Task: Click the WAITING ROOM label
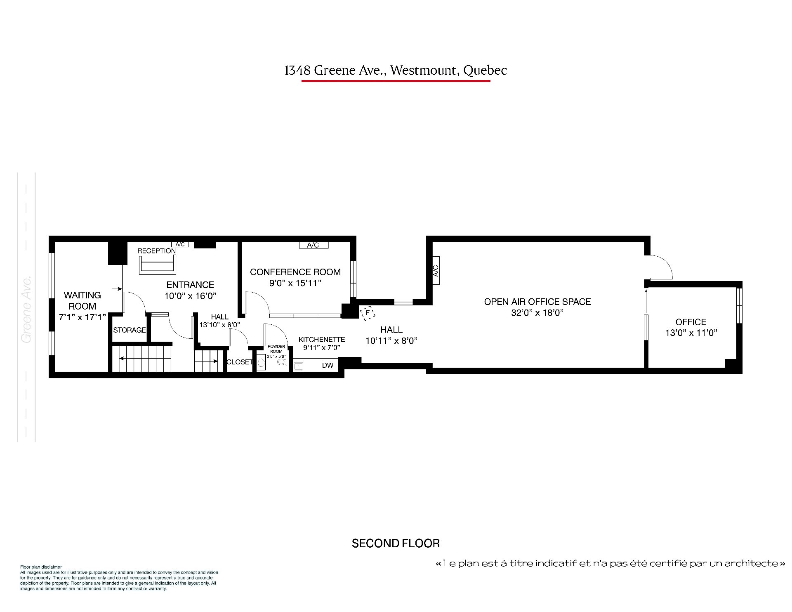tap(82, 300)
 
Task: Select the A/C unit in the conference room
tap(313, 245)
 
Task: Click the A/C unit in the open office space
tap(436, 270)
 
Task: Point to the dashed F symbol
tap(368, 313)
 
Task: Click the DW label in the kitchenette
tap(328, 365)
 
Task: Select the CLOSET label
tap(240, 362)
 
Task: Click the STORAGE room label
tap(130, 330)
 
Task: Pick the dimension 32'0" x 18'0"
tap(537, 313)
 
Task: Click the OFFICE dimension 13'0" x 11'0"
tap(691, 333)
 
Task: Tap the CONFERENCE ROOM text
tap(295, 272)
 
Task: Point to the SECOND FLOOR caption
tap(396, 543)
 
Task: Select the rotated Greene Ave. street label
tap(26, 310)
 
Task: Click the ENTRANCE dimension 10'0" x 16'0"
tap(190, 296)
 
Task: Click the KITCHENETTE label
tap(322, 340)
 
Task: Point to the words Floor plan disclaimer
tap(41, 567)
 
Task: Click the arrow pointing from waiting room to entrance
tap(117, 289)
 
